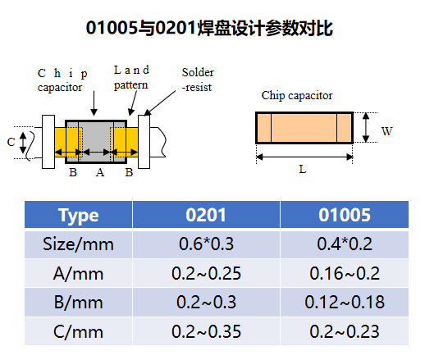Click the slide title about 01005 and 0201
click(209, 28)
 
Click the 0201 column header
click(206, 215)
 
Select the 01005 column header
click(345, 215)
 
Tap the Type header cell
click(78, 216)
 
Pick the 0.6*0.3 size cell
click(206, 244)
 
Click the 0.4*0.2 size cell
click(345, 244)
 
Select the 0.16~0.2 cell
click(345, 273)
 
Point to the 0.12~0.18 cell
click(345, 302)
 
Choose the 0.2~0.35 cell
click(206, 331)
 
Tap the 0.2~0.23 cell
click(345, 331)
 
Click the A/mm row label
click(78, 274)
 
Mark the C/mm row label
click(78, 332)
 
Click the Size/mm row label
click(78, 244)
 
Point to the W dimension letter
click(386, 131)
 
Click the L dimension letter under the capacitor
click(303, 170)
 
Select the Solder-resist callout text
click(198, 80)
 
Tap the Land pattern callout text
click(131, 78)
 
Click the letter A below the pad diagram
click(100, 172)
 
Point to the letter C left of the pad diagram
click(11, 142)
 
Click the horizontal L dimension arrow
click(304, 157)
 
